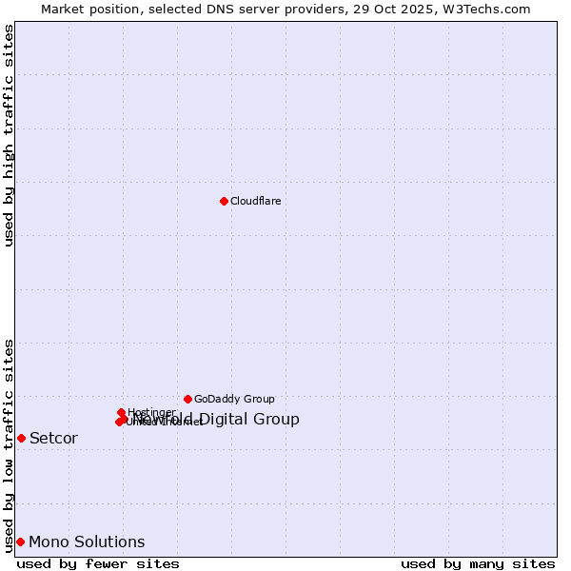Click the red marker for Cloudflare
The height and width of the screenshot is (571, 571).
pyautogui.click(x=224, y=201)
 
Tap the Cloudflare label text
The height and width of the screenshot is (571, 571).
pyautogui.click(x=255, y=201)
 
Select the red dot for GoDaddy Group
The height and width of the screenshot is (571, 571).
pyautogui.click(x=187, y=399)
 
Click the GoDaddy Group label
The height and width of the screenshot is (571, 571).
pyautogui.click(x=234, y=399)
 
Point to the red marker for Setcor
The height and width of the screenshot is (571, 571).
pyautogui.click(x=21, y=438)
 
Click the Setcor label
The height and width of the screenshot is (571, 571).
pyautogui.click(x=53, y=439)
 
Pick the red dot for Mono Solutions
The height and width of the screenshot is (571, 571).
pyautogui.click(x=20, y=541)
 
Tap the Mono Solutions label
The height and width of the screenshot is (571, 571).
pyautogui.click(x=87, y=542)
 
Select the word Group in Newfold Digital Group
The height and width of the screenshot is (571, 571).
pyautogui.click(x=277, y=420)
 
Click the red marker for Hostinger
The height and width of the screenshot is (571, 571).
pyautogui.click(x=122, y=412)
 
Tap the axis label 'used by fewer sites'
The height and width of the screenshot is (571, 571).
pyautogui.click(x=98, y=564)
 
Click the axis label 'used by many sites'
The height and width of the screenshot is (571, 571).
pyautogui.click(x=478, y=564)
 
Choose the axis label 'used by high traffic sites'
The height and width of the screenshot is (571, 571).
pyautogui.click(x=9, y=136)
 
